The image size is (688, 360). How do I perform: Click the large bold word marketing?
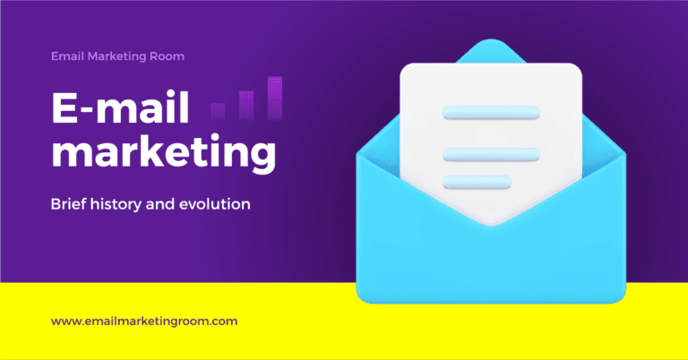(162, 155)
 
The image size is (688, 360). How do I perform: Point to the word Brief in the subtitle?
(69, 205)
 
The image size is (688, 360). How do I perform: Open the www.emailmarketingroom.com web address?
(144, 320)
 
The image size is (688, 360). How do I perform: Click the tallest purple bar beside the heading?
(274, 98)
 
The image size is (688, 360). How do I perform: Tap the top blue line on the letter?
(491, 113)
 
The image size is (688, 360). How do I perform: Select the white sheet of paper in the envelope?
(491, 90)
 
